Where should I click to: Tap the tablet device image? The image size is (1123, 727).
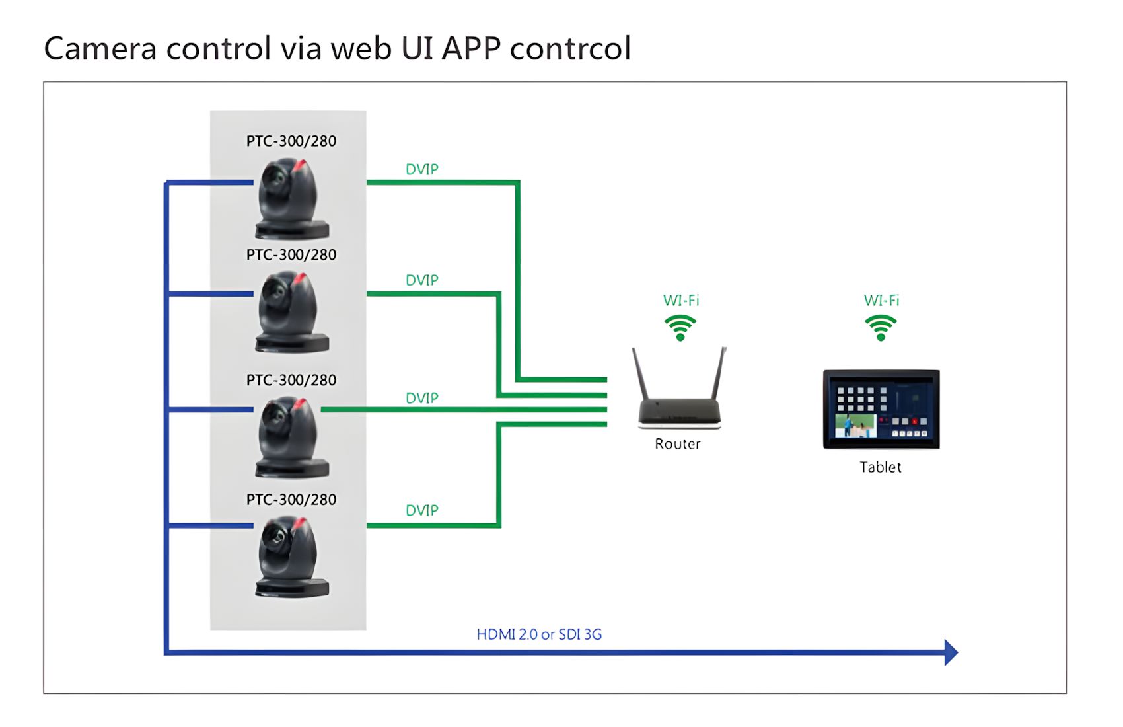coord(881,409)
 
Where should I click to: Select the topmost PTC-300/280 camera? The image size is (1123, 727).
coord(292,198)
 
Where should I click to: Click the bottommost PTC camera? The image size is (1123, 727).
coord(292,556)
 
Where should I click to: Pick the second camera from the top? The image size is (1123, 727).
coord(292,311)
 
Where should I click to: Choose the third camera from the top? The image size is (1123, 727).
coord(292,436)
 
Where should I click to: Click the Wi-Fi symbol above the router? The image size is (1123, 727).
coord(680,328)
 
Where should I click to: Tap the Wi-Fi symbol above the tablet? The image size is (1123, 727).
coord(881,328)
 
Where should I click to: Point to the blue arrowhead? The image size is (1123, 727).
coord(951,652)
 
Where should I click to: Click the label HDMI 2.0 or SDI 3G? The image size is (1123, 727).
coord(539,634)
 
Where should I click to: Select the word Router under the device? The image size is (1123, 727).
coord(677,444)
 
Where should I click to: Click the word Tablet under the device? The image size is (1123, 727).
coord(881,467)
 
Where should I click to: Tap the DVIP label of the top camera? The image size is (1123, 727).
coord(422,170)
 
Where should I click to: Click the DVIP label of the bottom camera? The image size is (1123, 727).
coord(422,510)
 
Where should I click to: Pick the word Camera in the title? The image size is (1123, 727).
coord(100,49)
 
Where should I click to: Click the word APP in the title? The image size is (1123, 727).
coord(471,49)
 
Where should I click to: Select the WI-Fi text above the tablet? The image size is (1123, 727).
coord(881,301)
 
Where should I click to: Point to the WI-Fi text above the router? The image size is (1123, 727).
coord(681,301)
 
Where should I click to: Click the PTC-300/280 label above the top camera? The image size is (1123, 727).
coord(291,141)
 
